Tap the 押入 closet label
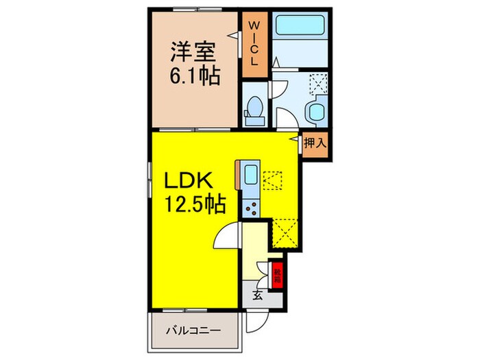[315, 143]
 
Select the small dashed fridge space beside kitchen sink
[273, 180]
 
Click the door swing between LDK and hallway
[228, 238]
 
